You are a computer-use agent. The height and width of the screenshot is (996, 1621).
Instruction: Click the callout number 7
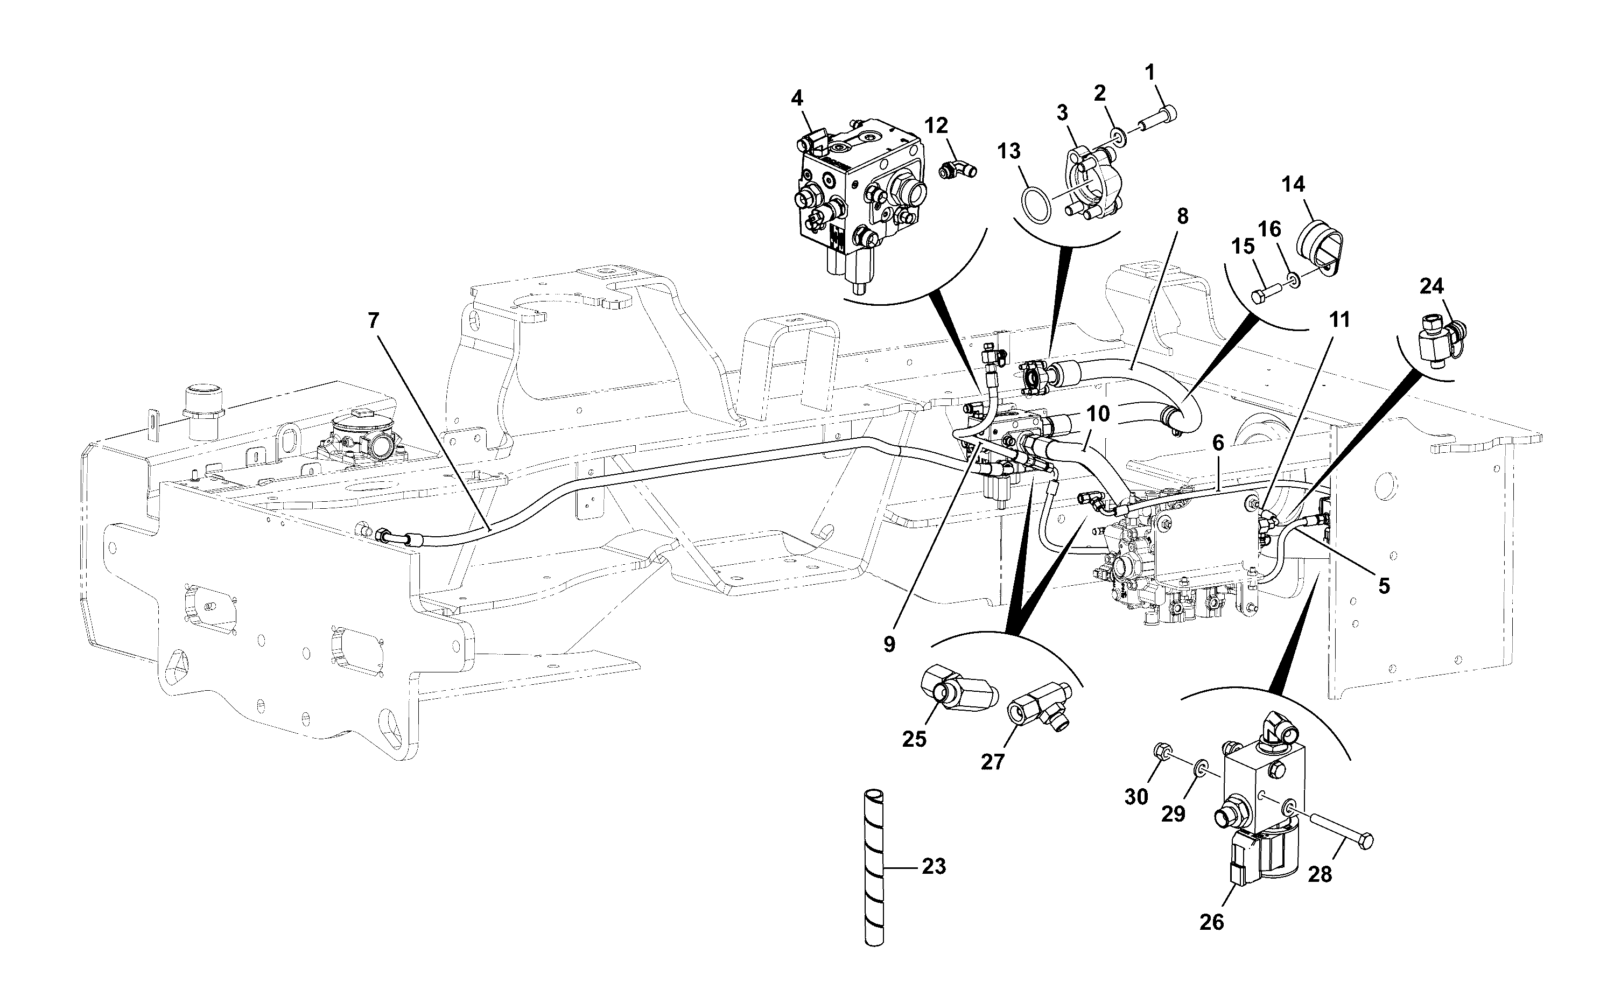point(374,321)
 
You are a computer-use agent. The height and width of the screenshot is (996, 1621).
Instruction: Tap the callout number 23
point(934,867)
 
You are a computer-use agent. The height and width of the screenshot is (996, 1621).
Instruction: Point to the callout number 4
point(797,99)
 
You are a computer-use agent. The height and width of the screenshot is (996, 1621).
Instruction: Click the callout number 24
point(1431,286)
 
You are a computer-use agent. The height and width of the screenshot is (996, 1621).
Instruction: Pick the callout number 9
point(889,645)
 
